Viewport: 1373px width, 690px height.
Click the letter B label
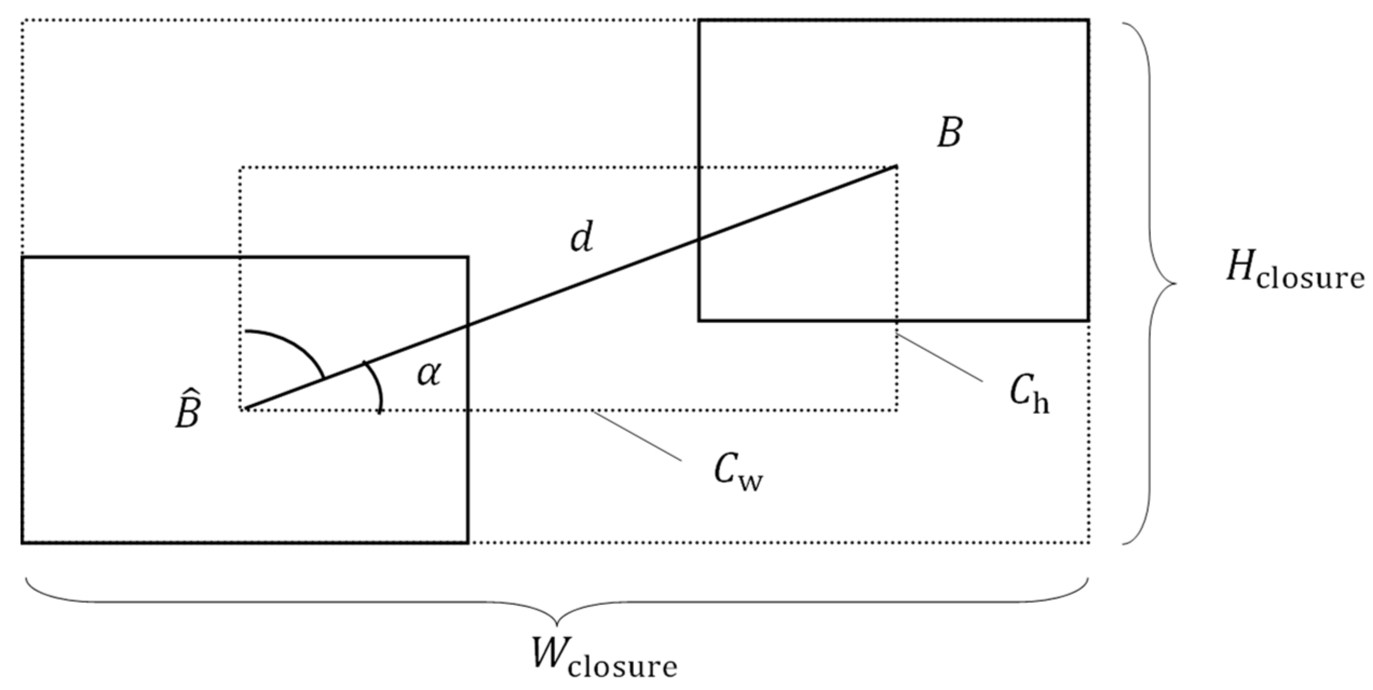coord(949,132)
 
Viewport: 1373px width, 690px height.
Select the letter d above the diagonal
coord(582,238)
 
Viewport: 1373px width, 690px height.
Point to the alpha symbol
coord(429,374)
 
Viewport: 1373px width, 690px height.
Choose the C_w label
coord(737,472)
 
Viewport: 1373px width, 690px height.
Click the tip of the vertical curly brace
coord(1175,283)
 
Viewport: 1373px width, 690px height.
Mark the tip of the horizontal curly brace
coord(557,625)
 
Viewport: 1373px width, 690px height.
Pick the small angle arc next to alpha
coord(378,386)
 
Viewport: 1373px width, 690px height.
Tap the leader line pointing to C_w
coord(637,436)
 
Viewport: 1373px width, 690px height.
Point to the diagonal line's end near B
coord(896,166)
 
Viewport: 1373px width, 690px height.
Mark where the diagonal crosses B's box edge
coord(699,238)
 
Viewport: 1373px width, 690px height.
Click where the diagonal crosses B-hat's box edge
coord(467,326)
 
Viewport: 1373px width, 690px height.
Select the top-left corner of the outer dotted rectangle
coord(23,21)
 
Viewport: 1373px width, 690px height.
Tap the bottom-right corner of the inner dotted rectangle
coord(897,410)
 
